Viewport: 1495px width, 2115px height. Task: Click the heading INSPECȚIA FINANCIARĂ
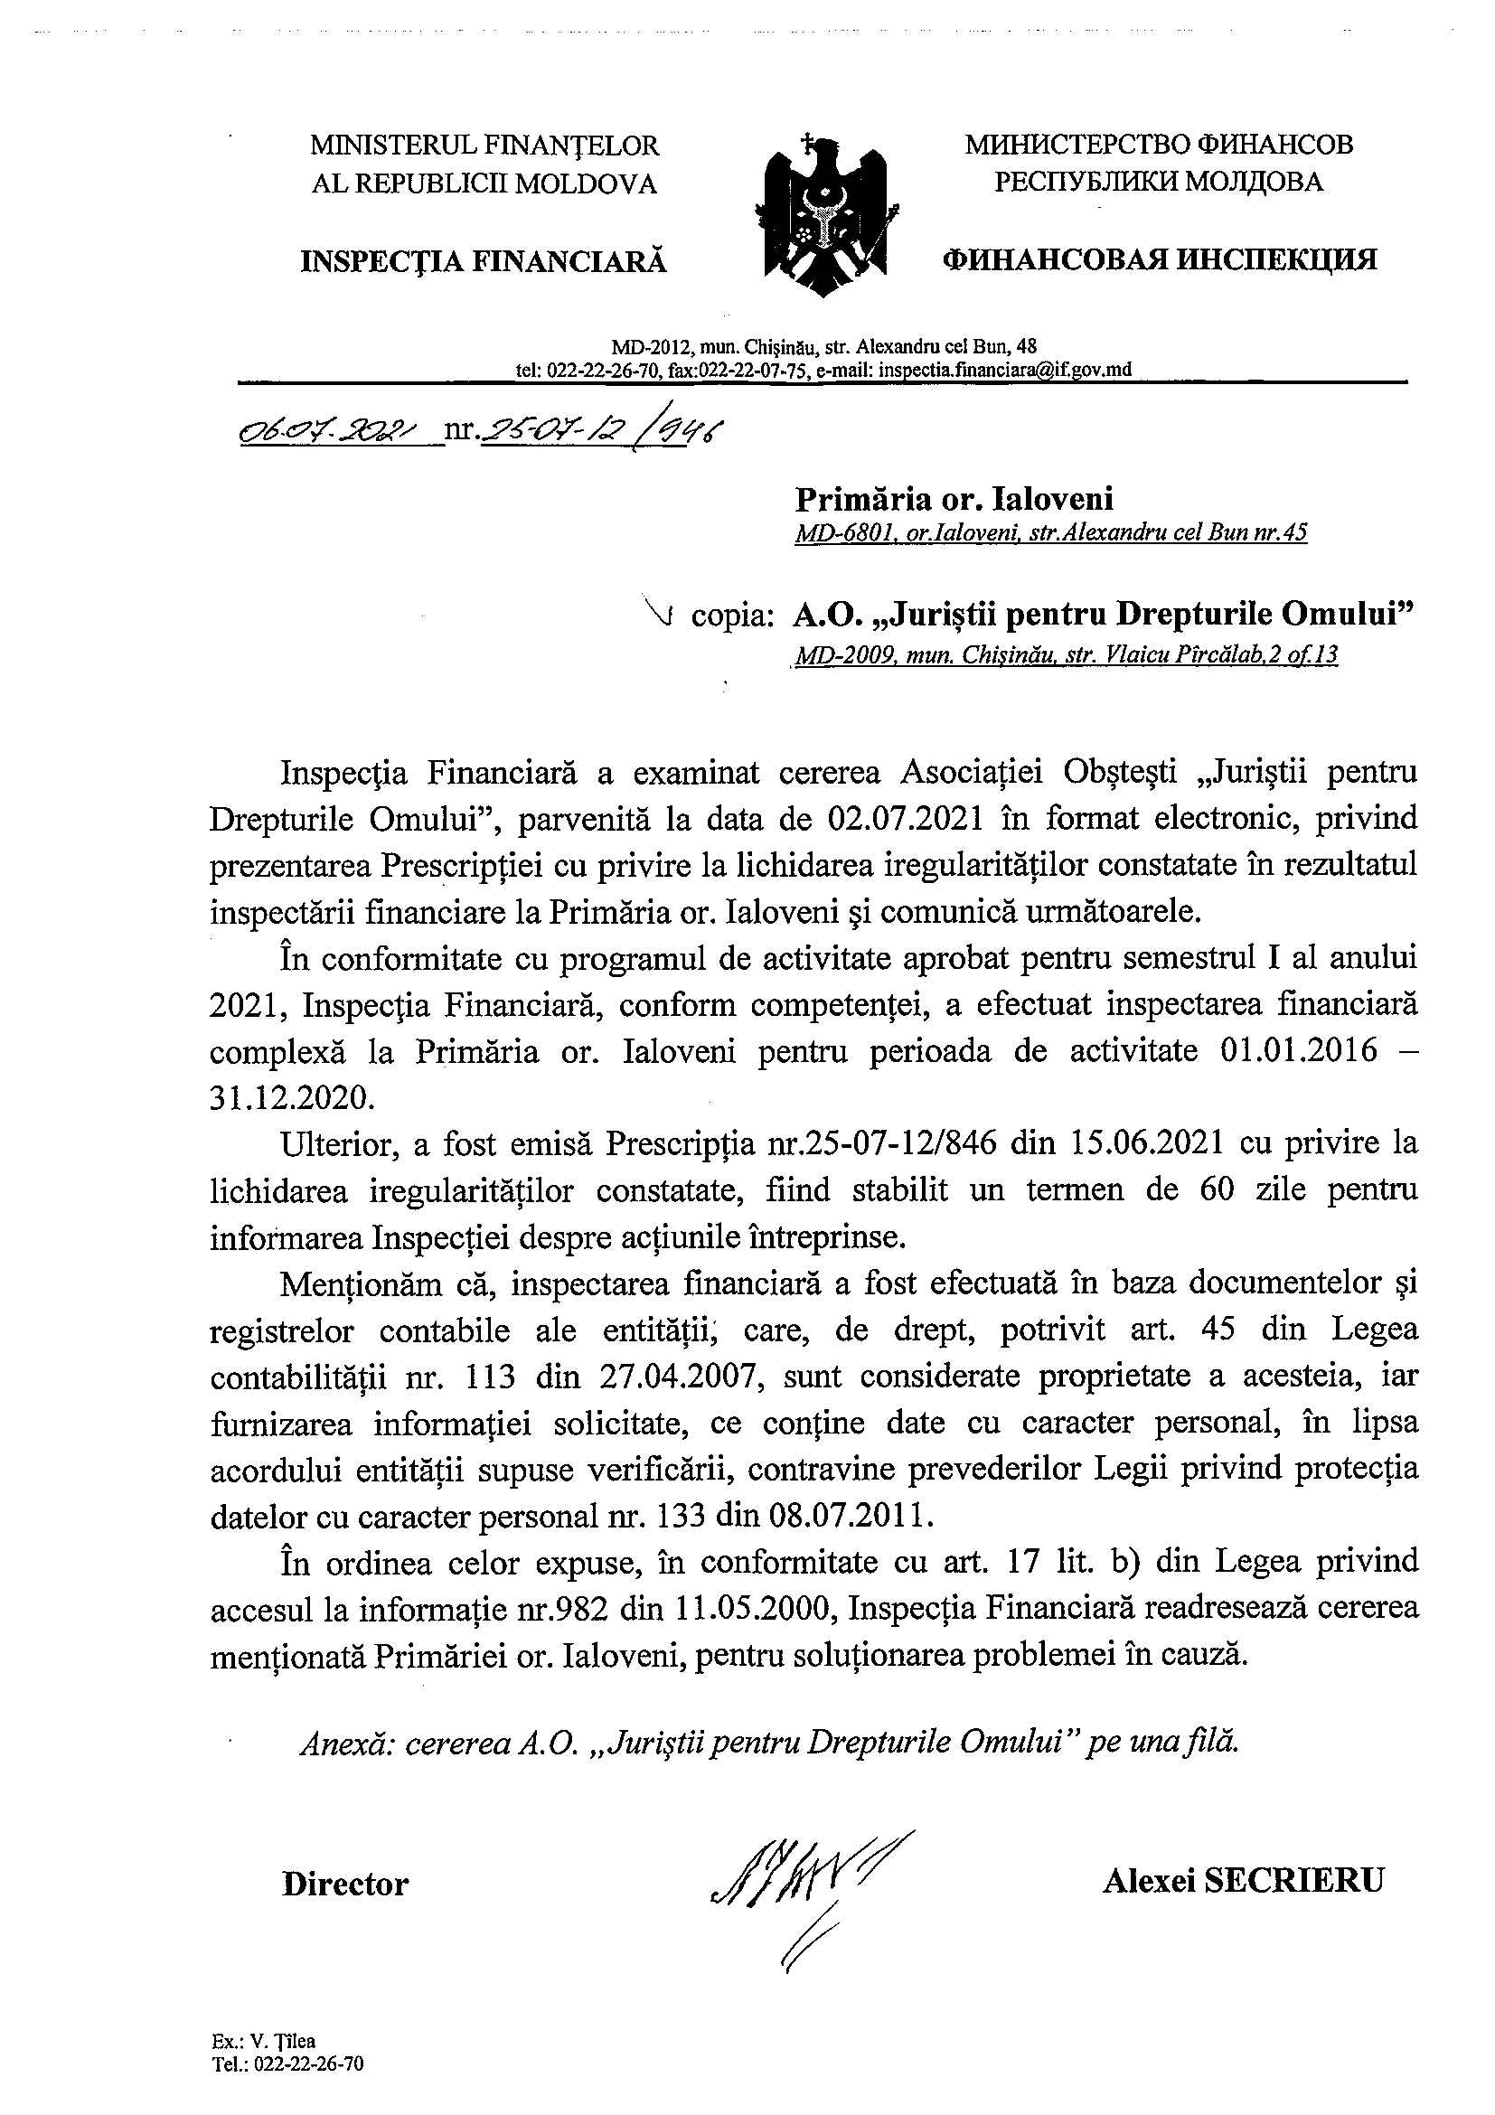tap(483, 261)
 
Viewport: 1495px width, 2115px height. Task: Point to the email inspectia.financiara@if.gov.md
tap(1005, 370)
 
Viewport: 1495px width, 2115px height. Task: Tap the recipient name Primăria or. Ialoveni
tap(954, 498)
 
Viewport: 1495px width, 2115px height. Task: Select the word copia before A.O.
tap(729, 616)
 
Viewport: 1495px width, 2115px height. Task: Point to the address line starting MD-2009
tap(1064, 655)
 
